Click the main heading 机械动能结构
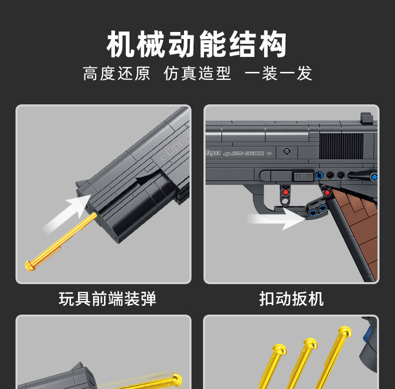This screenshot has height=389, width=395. [197, 45]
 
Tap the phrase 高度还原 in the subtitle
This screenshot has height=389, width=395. [116, 73]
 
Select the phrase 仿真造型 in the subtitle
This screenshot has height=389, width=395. [197, 73]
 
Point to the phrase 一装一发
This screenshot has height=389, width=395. [278, 73]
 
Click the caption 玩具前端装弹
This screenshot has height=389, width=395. [107, 299]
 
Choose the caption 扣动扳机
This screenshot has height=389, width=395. [291, 299]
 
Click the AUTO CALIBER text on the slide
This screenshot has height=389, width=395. [248, 153]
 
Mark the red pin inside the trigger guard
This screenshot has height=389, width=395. [286, 190]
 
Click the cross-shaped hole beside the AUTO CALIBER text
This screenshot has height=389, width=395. [287, 151]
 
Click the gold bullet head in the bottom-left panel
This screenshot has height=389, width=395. [176, 378]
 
